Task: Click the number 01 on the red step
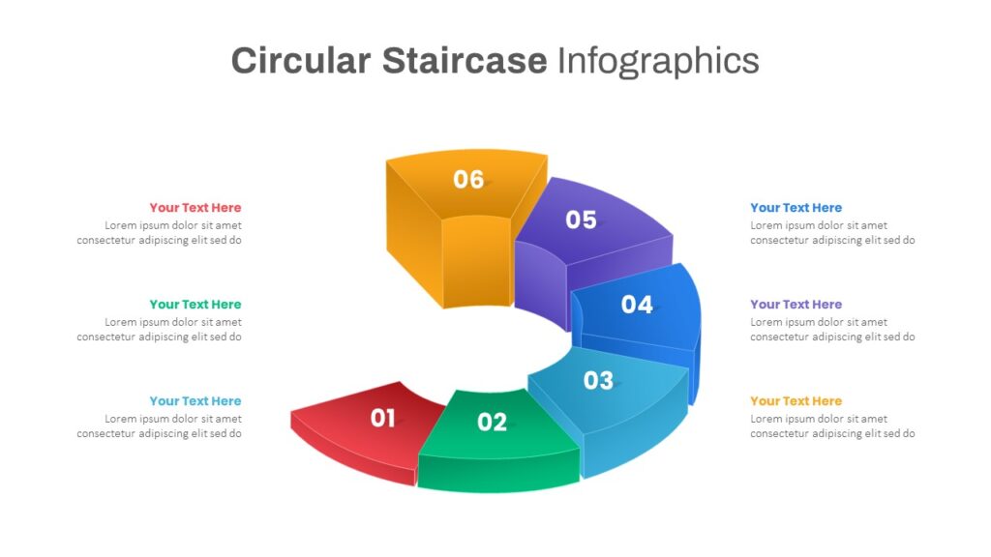tap(382, 418)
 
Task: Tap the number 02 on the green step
tap(492, 422)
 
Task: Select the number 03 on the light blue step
tap(598, 380)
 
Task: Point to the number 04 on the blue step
tap(637, 305)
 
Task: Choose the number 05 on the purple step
tap(581, 220)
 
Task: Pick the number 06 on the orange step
tap(468, 179)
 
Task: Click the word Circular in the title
tap(301, 61)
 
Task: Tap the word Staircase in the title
tap(465, 61)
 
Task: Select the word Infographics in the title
tap(658, 62)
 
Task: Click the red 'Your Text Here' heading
tap(195, 208)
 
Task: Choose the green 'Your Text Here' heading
tap(195, 305)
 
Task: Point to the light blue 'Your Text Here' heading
tap(195, 401)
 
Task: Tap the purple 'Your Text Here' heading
tap(796, 305)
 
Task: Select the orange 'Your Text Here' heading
tap(796, 401)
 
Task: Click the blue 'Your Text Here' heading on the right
tap(796, 208)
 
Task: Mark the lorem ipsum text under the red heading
tap(160, 233)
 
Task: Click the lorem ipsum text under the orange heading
tap(832, 426)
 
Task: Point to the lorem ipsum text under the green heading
tap(160, 330)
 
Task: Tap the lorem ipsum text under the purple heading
tap(832, 330)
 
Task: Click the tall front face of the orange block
tap(476, 261)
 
